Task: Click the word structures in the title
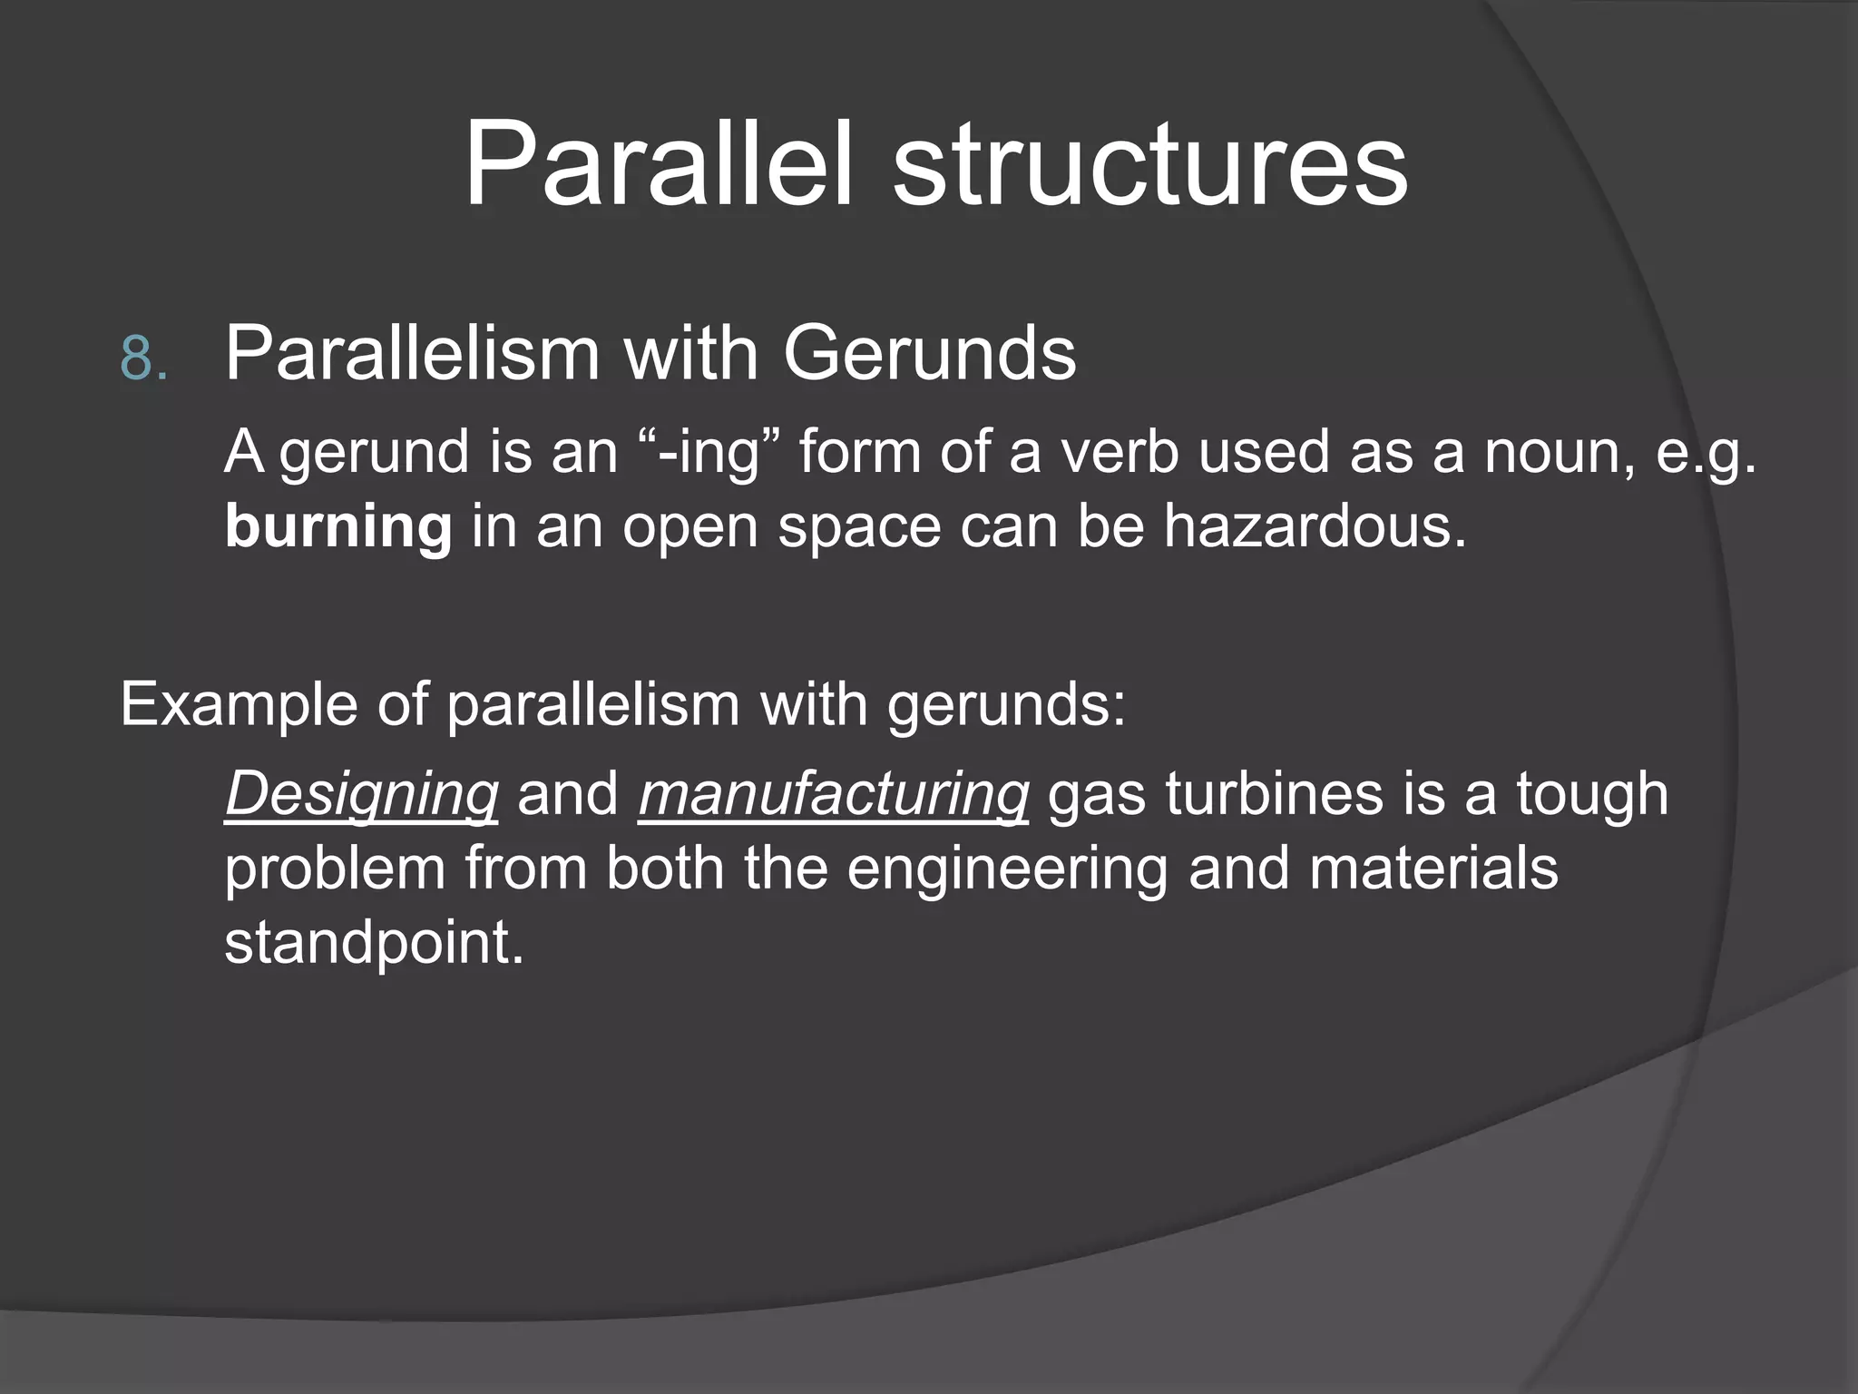[1149, 166]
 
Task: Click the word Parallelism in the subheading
[413, 353]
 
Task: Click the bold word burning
[338, 527]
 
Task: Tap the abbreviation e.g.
[1706, 453]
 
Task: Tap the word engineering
[1007, 869]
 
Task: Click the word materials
[1433, 869]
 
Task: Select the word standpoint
[374, 943]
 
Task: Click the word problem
[336, 869]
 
